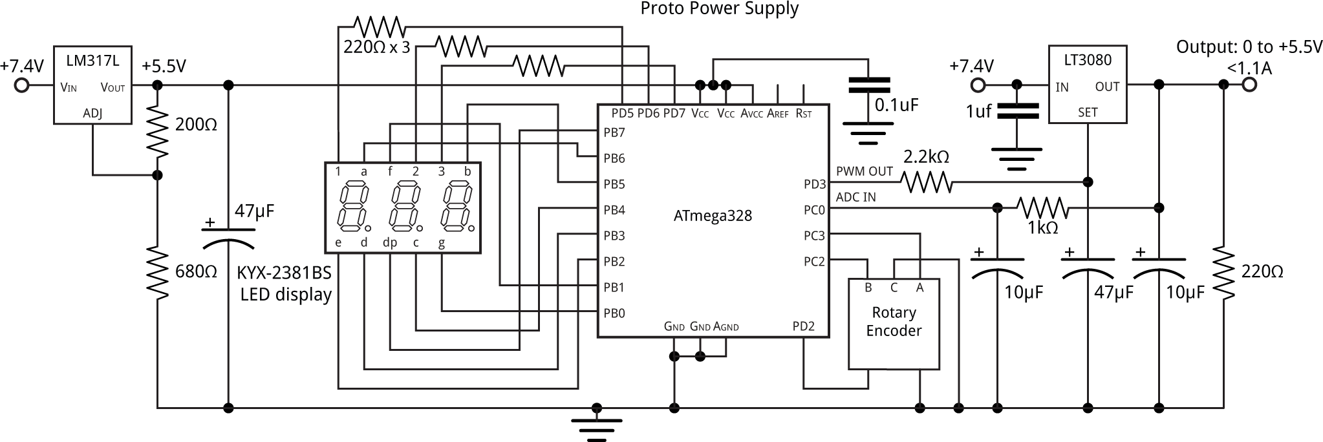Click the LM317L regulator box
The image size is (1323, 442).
pos(92,85)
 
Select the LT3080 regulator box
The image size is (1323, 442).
pos(1088,84)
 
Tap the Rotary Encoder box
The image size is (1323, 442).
pos(894,324)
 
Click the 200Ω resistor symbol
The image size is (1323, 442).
pos(157,131)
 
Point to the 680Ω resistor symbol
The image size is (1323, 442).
pos(157,272)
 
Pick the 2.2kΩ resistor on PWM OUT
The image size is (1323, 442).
pos(927,183)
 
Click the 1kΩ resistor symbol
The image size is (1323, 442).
pos(1042,208)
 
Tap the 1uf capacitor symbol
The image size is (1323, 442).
pos(1017,111)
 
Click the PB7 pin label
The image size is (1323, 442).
pos(614,132)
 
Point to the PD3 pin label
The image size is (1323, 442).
pos(815,184)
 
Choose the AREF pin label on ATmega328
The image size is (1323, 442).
pos(778,114)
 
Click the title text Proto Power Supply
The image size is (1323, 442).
pos(719,9)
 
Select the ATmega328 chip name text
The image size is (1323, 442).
pos(713,216)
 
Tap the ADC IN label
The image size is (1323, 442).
pos(856,197)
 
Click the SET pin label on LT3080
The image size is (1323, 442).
pos(1088,112)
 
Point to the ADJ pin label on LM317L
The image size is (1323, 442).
pos(92,114)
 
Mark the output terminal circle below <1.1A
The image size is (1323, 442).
pos(1249,85)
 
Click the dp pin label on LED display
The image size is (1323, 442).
pos(390,243)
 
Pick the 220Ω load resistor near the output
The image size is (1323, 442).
pos(1223,272)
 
